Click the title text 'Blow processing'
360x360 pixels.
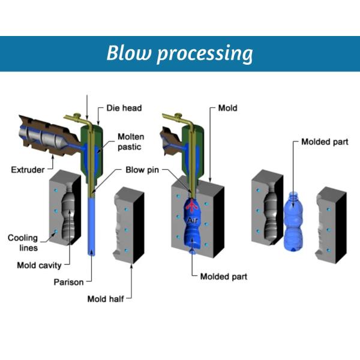click(179, 53)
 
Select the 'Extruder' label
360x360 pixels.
click(28, 170)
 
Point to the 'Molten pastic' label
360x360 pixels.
click(130, 142)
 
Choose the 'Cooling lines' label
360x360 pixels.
click(23, 243)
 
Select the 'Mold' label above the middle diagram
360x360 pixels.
click(228, 109)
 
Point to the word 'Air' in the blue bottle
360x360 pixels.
click(193, 221)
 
